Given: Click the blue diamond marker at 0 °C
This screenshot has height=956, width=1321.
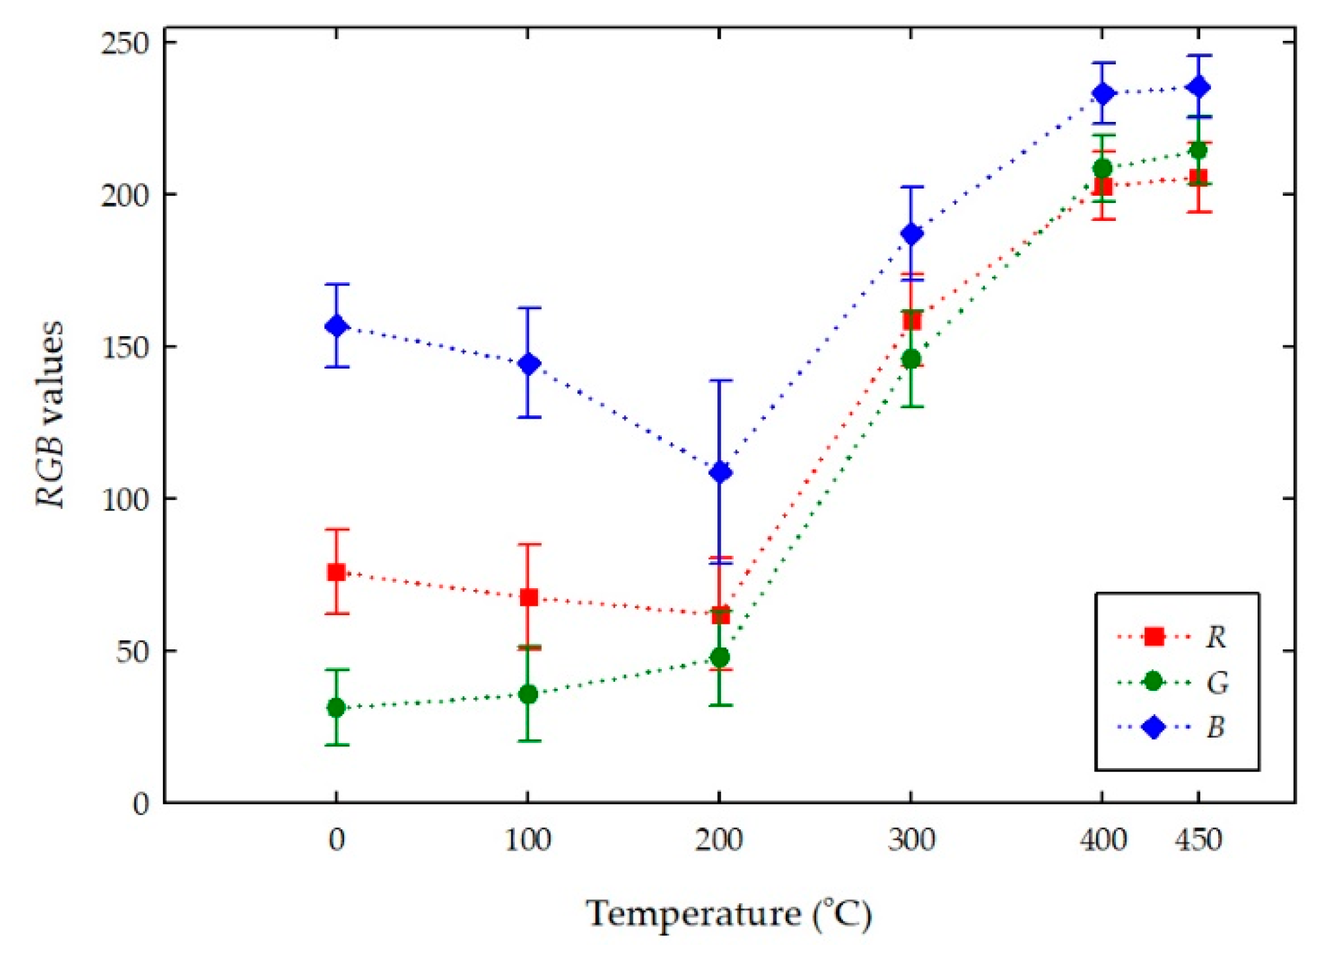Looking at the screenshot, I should pyautogui.click(x=337, y=326).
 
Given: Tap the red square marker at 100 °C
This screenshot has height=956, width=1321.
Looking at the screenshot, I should pyautogui.click(x=529, y=598).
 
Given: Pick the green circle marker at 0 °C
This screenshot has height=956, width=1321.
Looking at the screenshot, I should pyautogui.click(x=337, y=708).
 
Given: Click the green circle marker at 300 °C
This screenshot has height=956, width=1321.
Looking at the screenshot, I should pyautogui.click(x=912, y=359).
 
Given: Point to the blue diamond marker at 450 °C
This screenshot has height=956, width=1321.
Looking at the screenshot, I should pyautogui.click(x=1198, y=87).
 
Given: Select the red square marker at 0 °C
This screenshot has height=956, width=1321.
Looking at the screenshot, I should pyautogui.click(x=337, y=572).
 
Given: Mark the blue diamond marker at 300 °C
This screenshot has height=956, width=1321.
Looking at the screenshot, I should pyautogui.click(x=912, y=233).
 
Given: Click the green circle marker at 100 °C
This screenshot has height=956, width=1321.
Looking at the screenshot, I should pyautogui.click(x=529, y=694).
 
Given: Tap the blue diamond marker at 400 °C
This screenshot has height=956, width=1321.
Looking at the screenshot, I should pyautogui.click(x=1103, y=94).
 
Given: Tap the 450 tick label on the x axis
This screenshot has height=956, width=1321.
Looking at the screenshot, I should pyautogui.click(x=1198, y=841).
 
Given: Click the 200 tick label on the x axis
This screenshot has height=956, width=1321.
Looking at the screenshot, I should pyautogui.click(x=719, y=841).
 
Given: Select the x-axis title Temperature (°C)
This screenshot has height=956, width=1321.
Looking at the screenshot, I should pyautogui.click(x=729, y=914).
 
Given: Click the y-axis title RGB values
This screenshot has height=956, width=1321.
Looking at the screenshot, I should pyautogui.click(x=51, y=414).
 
